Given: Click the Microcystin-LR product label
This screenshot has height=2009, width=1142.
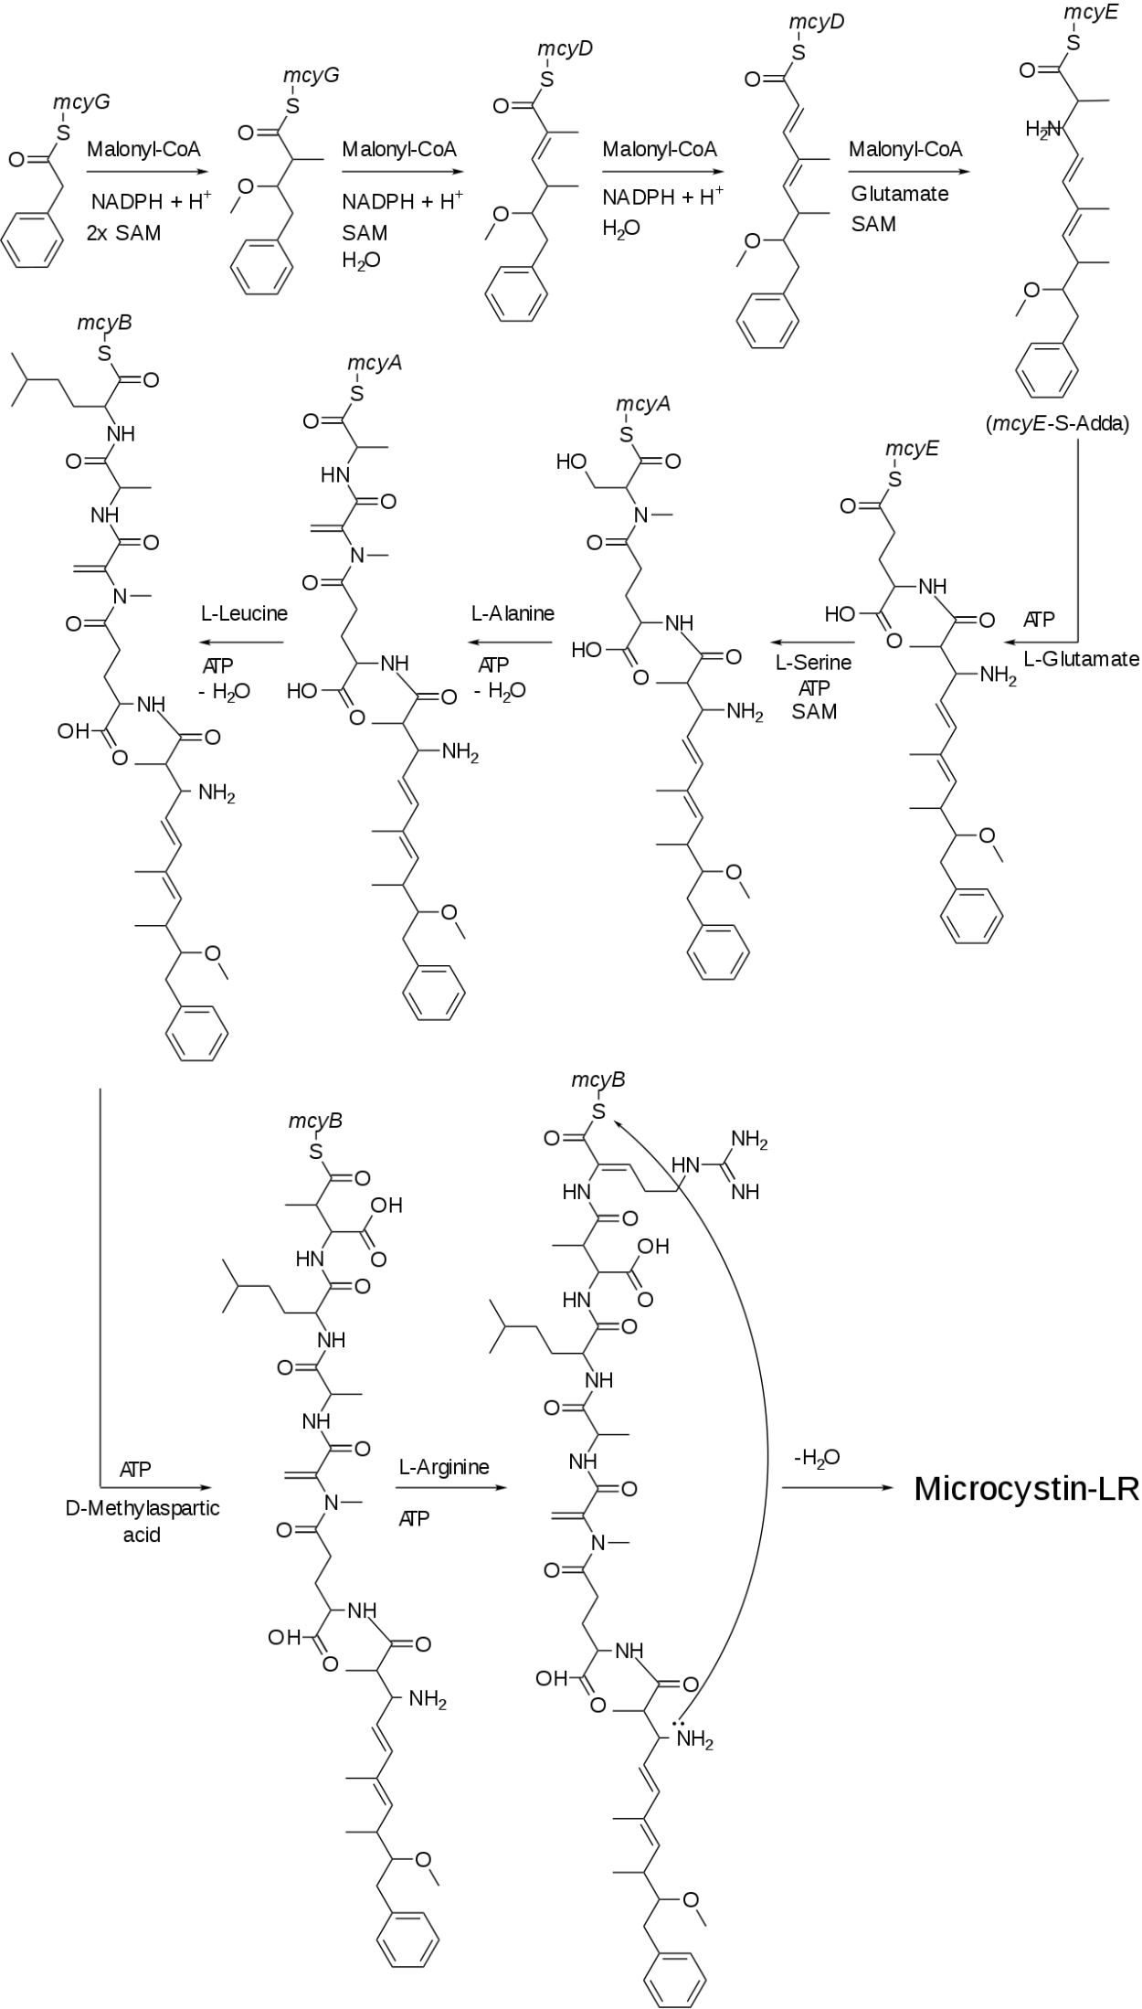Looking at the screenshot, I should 1026,1489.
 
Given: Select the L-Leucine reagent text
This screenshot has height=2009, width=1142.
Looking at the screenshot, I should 244,613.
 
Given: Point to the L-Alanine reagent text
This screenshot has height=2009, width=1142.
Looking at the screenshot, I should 513,613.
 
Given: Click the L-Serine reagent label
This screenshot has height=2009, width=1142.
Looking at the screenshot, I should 813,662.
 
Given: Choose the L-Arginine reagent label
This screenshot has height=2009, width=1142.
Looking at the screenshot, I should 444,1467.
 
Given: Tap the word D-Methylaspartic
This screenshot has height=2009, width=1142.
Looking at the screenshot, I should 143,1508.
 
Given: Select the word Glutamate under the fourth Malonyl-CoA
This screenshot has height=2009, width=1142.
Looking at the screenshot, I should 899,194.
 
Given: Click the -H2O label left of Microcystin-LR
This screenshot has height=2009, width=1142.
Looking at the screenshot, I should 817,1458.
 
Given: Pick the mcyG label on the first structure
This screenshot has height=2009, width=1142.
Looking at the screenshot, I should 81,101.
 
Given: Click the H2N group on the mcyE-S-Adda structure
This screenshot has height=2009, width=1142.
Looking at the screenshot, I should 1042,131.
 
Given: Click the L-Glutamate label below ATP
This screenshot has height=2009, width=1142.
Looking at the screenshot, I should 1081,658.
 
